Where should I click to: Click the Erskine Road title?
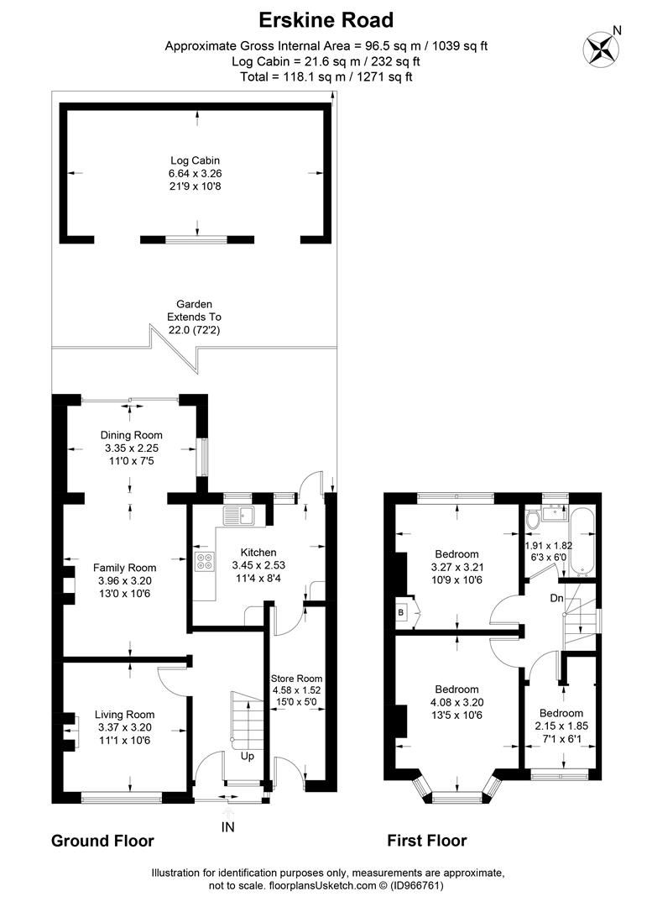[x=326, y=18]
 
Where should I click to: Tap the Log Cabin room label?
[x=195, y=160]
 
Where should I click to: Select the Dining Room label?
[x=131, y=435]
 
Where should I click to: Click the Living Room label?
[x=126, y=715]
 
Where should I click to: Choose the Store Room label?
[x=296, y=679]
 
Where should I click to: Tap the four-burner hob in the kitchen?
[x=204, y=564]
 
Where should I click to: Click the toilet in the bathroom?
[x=532, y=521]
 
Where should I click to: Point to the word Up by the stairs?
[x=248, y=756]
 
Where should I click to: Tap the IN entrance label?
[x=227, y=827]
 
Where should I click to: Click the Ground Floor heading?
[x=102, y=841]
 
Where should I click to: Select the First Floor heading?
[x=426, y=841]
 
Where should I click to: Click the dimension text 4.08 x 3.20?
[x=456, y=703]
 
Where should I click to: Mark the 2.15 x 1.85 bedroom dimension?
[x=561, y=725]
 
